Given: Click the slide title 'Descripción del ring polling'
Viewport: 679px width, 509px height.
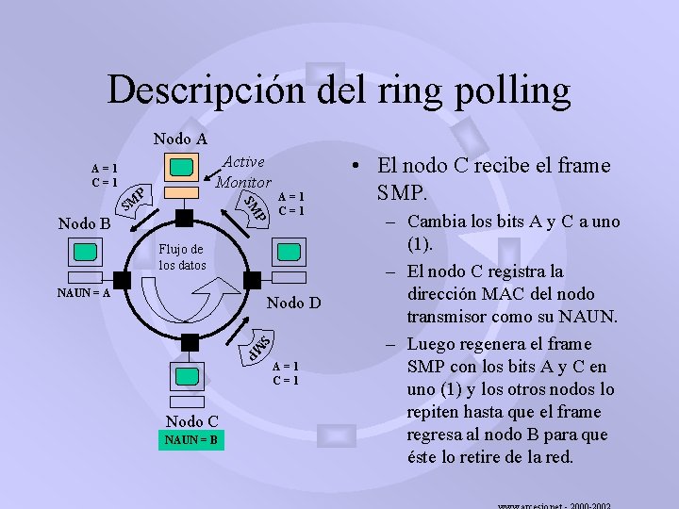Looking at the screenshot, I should coord(339,90).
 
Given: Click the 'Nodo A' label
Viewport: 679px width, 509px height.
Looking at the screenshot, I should coord(180,139).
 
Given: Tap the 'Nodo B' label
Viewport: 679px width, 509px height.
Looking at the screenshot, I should coord(84,224).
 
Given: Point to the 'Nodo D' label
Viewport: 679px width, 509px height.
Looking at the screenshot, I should coord(294,303).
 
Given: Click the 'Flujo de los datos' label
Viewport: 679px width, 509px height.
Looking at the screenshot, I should coord(181,257).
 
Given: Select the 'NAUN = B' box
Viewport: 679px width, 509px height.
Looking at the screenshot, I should coord(191,439).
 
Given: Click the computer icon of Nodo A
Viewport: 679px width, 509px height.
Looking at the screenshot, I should coord(181,169).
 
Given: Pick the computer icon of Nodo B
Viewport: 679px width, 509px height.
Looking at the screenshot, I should coord(86,252).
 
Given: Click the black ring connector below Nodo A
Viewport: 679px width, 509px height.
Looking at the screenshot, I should coord(184,218).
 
